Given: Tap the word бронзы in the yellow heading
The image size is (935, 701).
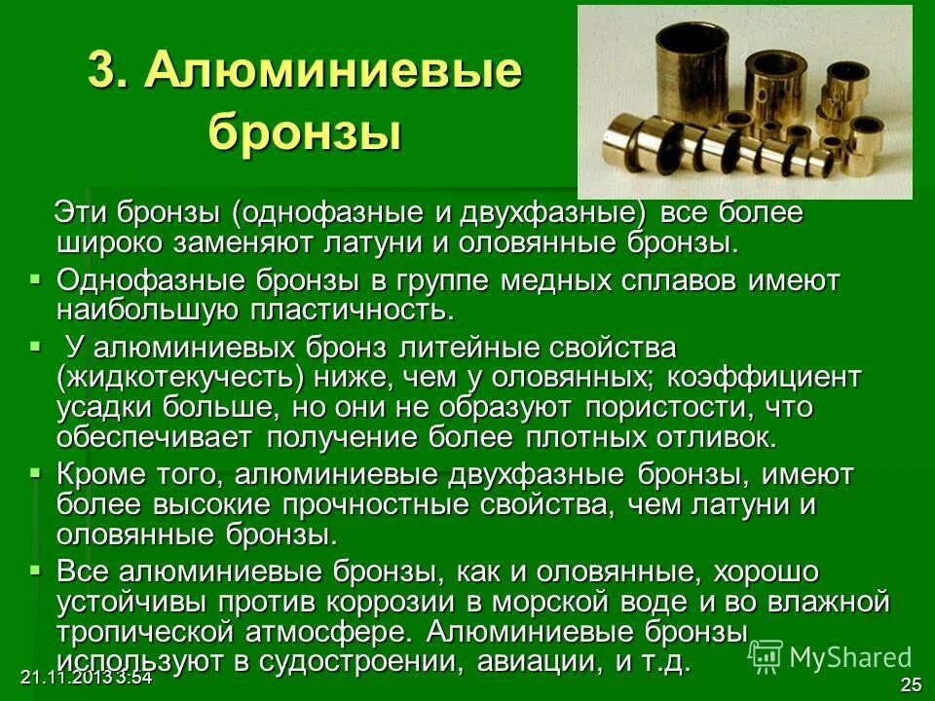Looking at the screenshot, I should [x=305, y=131].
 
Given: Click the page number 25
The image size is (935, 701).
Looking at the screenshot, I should [x=911, y=684].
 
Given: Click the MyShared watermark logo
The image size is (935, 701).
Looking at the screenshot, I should [x=832, y=656].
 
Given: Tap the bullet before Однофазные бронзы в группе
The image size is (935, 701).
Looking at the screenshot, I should [x=36, y=279].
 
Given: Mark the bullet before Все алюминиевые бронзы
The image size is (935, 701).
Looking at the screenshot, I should [x=36, y=569].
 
